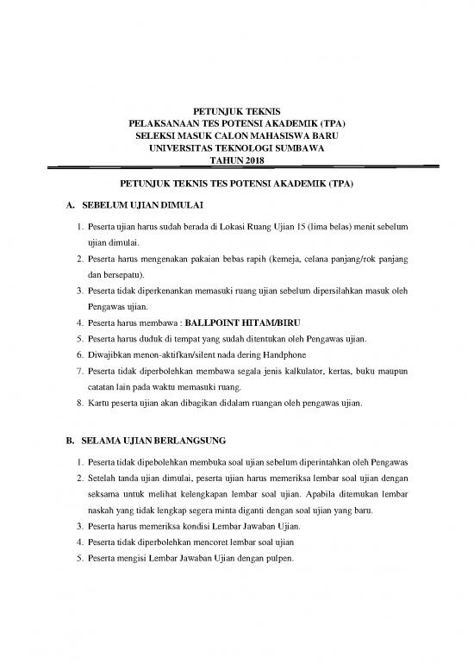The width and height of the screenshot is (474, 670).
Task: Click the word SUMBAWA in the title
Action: tap(297, 147)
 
